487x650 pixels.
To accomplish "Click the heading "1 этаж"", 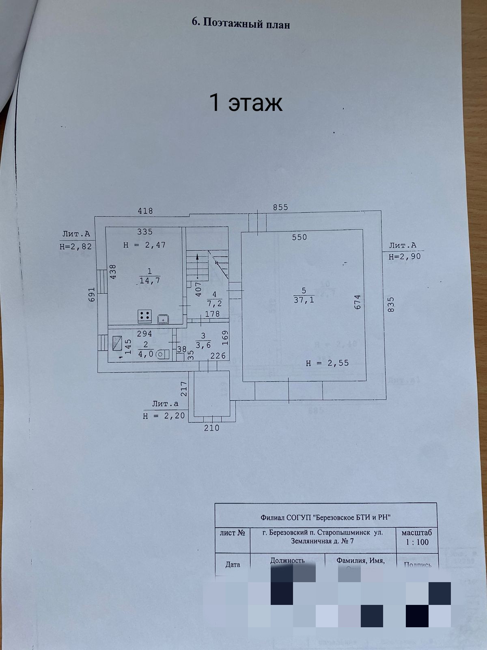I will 245,102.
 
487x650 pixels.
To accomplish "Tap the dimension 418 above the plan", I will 145,210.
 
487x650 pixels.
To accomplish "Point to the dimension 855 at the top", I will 280,207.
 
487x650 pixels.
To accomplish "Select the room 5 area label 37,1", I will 304,300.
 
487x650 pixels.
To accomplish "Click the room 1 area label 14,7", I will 150,280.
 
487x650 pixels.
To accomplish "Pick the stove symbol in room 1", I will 145,316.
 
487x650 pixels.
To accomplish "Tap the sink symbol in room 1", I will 163,319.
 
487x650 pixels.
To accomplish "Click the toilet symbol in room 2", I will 162,354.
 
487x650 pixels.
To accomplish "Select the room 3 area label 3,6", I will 203,345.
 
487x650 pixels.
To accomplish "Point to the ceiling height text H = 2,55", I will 327,363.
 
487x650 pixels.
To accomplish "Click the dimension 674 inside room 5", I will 357,302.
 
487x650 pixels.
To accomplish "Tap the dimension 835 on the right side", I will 391,304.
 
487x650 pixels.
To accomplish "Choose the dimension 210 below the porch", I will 211,428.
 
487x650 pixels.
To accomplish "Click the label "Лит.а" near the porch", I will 165,404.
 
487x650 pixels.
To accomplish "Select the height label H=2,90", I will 405,256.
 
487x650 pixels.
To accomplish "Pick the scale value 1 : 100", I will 417,542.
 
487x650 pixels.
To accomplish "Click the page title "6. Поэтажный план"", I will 241,23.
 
